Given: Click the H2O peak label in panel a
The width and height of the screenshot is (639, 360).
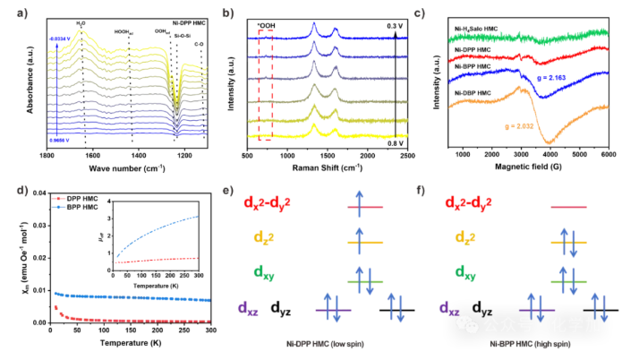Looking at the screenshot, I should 81,22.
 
